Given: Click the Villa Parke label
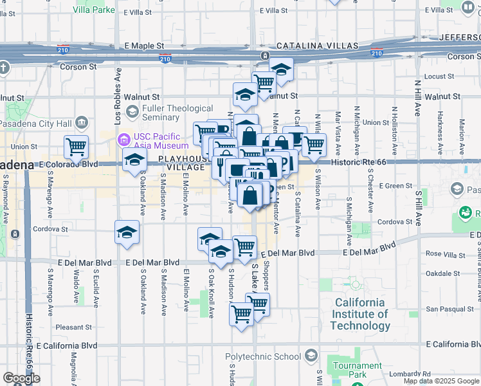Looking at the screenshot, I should point(93,10).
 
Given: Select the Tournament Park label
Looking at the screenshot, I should point(349,370).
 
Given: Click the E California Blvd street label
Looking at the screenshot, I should point(70,346).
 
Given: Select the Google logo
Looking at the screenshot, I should point(21,378).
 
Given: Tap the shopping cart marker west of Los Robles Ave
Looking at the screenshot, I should point(76,147).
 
